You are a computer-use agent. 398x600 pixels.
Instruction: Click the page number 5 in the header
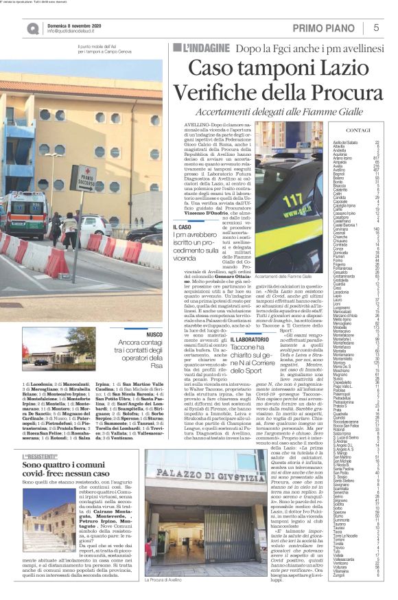click(376, 27)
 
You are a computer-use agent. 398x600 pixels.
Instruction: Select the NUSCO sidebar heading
click(153, 333)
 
